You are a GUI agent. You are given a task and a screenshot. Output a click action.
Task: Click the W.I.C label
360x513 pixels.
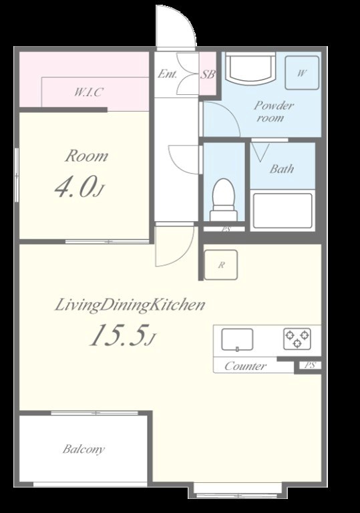(87, 92)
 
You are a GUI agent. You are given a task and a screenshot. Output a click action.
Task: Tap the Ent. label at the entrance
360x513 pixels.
(167, 74)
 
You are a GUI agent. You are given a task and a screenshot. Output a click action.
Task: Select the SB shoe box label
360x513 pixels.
(208, 75)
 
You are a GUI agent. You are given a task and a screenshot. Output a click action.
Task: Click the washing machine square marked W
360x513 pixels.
(302, 73)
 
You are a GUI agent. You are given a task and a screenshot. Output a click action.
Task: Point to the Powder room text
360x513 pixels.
(273, 112)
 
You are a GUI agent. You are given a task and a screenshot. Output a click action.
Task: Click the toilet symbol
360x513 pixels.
(224, 199)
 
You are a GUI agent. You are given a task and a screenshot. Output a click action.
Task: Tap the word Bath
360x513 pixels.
(281, 169)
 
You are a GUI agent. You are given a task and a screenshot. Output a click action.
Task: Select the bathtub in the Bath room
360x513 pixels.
(283, 210)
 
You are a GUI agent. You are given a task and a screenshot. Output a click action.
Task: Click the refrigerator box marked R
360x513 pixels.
(221, 265)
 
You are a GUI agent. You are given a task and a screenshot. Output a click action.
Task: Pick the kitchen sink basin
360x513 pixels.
(237, 339)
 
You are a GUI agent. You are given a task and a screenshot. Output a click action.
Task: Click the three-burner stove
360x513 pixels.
(297, 338)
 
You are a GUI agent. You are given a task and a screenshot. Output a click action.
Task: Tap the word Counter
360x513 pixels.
(246, 366)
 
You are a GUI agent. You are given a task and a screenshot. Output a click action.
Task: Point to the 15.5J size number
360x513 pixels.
(122, 335)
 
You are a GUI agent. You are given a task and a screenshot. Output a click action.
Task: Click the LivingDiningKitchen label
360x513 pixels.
(130, 305)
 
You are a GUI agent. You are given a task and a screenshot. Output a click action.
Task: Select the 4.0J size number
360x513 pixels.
(79, 187)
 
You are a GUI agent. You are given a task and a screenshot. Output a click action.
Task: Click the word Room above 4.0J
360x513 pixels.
(86, 156)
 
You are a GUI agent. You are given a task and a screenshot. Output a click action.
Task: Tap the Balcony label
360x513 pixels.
(83, 449)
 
